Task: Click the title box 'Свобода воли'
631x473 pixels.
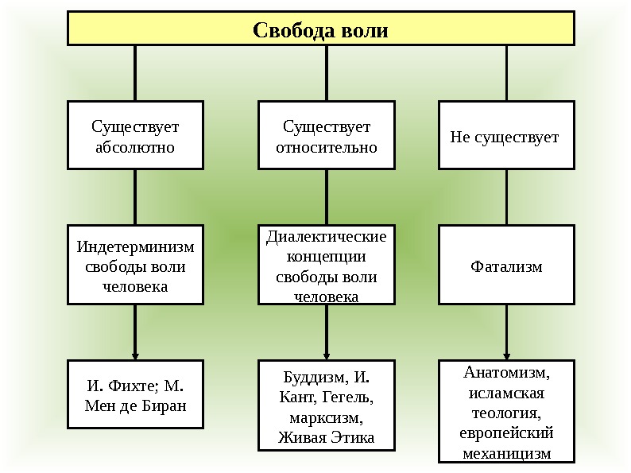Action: pos(320,29)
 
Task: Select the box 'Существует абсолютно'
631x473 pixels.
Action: pos(135,136)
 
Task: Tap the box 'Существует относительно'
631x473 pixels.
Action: pos(327,136)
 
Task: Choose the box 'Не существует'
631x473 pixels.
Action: pos(505,136)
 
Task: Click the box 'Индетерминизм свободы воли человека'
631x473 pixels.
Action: pos(135,265)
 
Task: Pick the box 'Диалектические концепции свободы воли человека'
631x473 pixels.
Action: pos(327,265)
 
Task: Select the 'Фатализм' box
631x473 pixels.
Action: pos(505,266)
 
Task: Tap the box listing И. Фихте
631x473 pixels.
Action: pos(135,396)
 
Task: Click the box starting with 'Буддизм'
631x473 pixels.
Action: pos(327,405)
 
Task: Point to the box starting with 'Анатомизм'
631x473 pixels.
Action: pos(505,412)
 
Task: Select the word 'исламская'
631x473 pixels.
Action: pos(505,393)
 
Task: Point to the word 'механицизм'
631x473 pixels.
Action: pos(505,454)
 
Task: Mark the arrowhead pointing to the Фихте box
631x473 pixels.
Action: pos(135,356)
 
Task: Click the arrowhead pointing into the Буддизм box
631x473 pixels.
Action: pos(327,356)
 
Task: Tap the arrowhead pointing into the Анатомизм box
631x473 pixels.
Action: pos(506,356)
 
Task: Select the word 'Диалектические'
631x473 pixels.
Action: pos(327,237)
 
